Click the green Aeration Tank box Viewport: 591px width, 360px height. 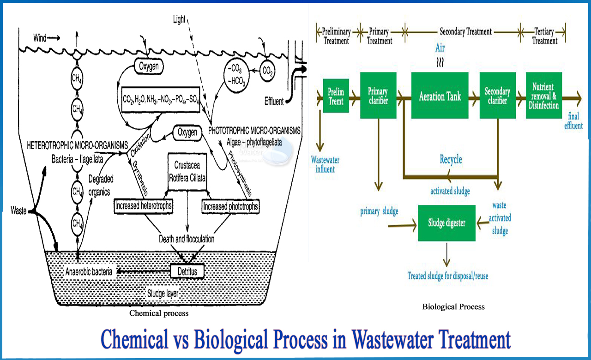click(x=439, y=97)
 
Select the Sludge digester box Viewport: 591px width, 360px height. click(x=446, y=223)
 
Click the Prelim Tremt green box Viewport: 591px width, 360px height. click(x=336, y=97)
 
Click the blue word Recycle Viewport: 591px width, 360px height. click(x=450, y=160)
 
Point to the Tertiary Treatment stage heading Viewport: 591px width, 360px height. click(x=545, y=36)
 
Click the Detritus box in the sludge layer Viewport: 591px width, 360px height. click(x=187, y=271)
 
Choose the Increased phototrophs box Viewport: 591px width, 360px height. click(x=230, y=206)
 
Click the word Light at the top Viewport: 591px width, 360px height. click(x=179, y=19)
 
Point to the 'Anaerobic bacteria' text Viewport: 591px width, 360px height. click(x=89, y=272)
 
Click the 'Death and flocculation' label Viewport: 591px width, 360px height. click(x=187, y=239)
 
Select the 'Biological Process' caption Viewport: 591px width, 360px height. click(x=453, y=306)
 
